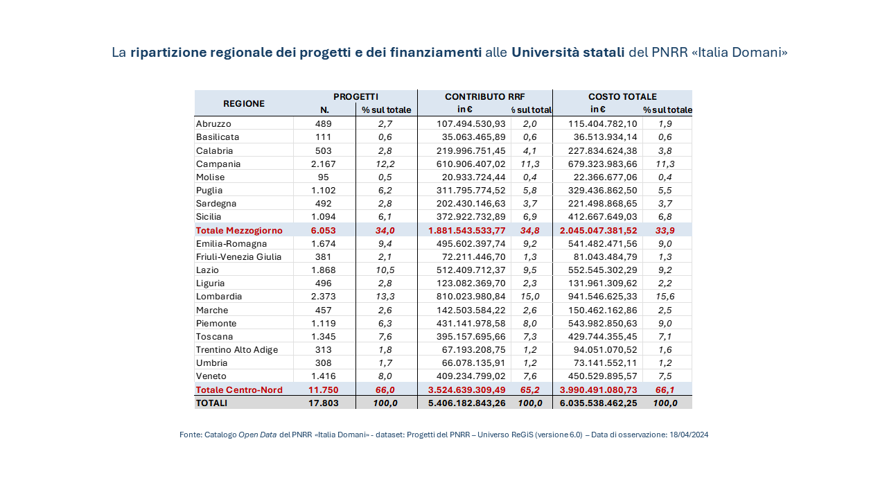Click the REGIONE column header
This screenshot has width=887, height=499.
point(244,103)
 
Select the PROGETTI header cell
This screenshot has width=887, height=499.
point(355,97)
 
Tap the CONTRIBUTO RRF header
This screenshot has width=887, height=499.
point(484,97)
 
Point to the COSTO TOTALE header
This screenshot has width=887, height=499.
point(622,97)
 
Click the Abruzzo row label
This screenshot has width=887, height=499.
point(213,123)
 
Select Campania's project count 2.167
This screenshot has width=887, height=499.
point(324,164)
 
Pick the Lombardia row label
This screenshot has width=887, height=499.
point(219,297)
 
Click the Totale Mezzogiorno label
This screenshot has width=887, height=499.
point(239,230)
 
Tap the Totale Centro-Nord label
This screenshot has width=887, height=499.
point(239,390)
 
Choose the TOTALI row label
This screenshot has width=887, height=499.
point(211,403)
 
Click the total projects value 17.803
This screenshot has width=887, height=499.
point(324,403)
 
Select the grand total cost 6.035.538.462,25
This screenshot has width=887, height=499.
point(599,403)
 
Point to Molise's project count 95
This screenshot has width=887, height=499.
point(324,177)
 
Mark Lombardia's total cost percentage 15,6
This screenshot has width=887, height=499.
point(665,297)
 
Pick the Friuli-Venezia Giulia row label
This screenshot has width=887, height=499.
point(238,257)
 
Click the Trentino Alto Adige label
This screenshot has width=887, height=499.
point(237,350)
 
